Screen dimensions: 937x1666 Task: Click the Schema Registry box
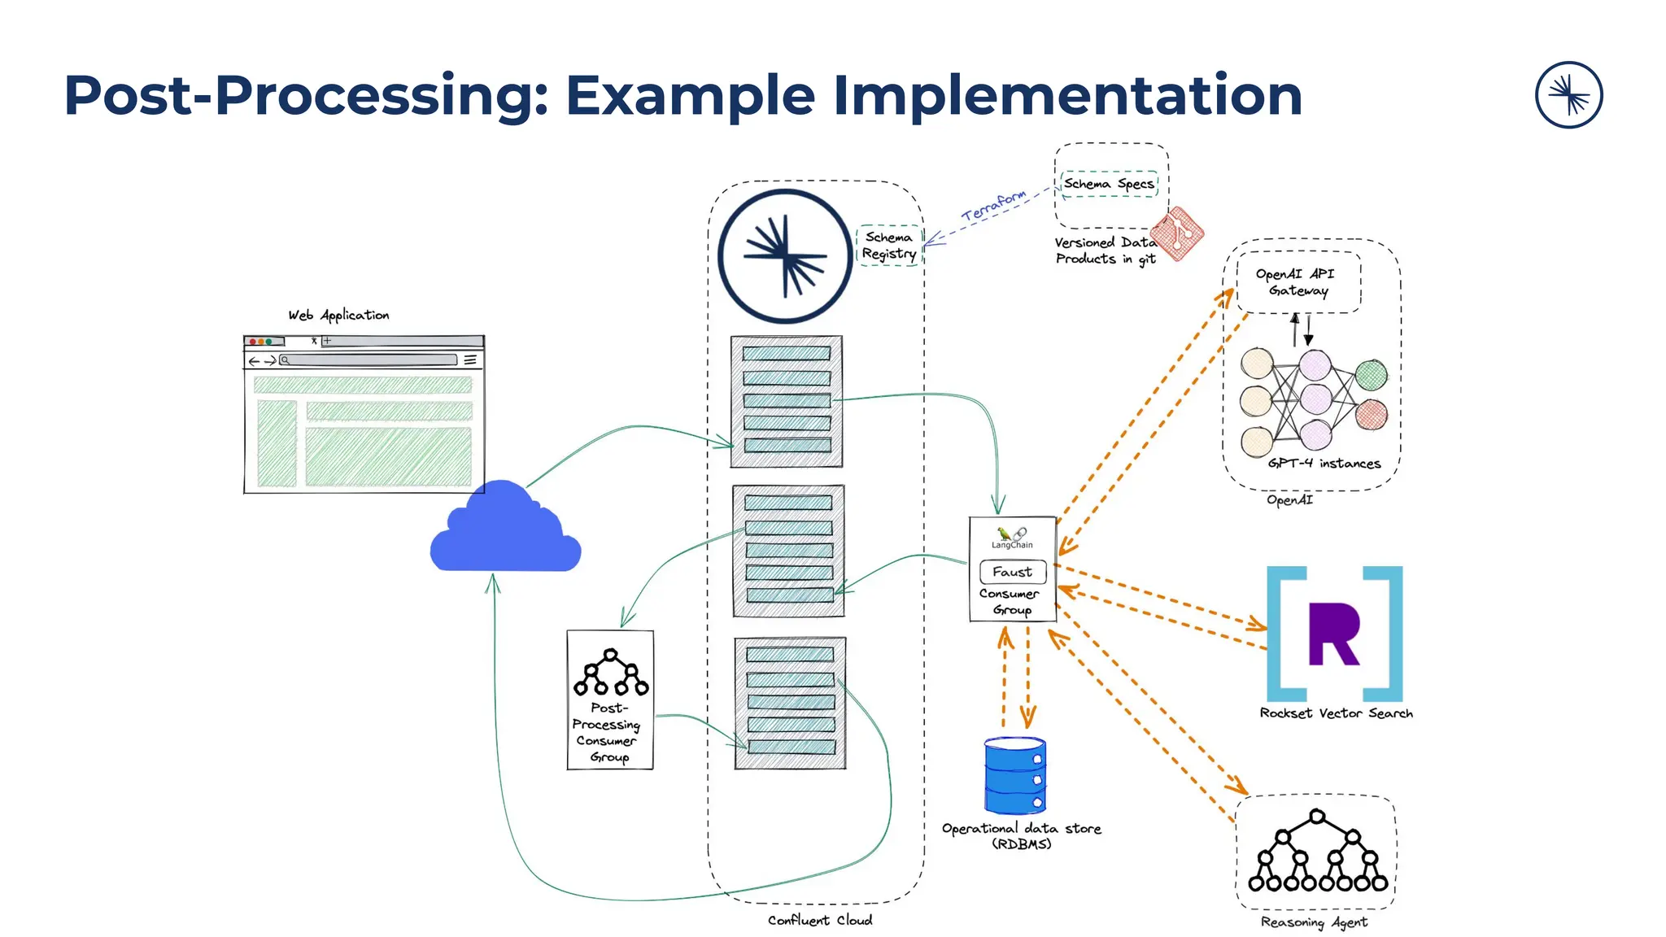[x=889, y=246]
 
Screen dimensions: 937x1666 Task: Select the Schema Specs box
[x=1109, y=184]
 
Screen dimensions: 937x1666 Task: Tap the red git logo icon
[x=1177, y=233]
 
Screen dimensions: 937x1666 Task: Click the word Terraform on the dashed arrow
[x=994, y=206]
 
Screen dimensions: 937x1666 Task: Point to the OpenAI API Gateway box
[x=1298, y=282]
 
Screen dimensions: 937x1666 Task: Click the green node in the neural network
[x=1372, y=375]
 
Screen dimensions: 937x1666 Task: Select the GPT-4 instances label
[x=1324, y=464]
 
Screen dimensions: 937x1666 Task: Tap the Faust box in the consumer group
[x=1013, y=572]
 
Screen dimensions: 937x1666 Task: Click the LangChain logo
[x=1012, y=538]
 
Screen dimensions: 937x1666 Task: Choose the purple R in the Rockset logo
[x=1334, y=634]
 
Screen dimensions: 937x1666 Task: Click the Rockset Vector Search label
[x=1336, y=713]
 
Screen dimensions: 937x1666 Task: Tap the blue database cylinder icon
[x=1014, y=775]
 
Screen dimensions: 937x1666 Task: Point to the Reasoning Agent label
[x=1314, y=922]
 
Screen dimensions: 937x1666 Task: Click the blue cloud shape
[x=505, y=532]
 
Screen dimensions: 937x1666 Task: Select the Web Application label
[x=338, y=315]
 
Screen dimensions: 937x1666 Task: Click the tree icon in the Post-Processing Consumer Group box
[x=611, y=673]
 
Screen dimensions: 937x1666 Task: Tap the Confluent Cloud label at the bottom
[x=819, y=920]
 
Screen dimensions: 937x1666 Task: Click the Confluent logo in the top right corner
[x=1568, y=95]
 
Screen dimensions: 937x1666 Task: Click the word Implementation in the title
[x=1067, y=95]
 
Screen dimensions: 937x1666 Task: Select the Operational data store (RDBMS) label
[x=1021, y=835]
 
